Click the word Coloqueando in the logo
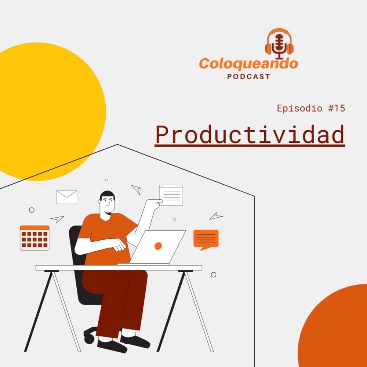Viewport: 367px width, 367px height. point(248,63)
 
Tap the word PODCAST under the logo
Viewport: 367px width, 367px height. point(248,77)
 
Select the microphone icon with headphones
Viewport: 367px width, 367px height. point(279,44)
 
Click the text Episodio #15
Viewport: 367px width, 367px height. point(311,108)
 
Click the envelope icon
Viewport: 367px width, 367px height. point(67,197)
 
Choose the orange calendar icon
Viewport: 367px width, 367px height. point(34,238)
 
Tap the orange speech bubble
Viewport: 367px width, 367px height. point(206,240)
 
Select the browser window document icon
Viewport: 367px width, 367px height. point(171,195)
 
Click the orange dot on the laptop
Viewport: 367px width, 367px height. point(158,246)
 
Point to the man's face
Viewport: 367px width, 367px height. point(108,203)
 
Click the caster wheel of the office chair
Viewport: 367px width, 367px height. point(89,339)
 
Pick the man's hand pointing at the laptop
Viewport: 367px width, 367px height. point(119,246)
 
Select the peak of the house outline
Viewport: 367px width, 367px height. point(117,144)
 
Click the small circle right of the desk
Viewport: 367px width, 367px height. point(214,275)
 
